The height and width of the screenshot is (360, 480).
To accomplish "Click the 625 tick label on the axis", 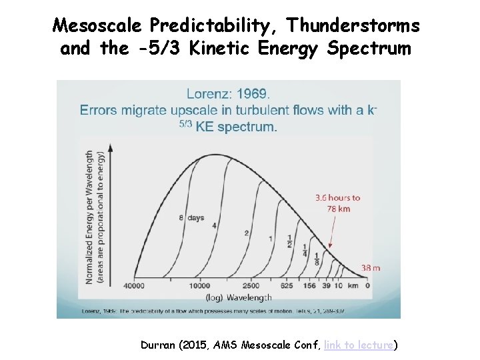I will tap(286, 285).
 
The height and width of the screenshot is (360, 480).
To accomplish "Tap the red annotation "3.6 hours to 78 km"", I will tap(337, 203).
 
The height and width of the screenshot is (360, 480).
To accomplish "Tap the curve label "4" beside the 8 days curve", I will tap(214, 226).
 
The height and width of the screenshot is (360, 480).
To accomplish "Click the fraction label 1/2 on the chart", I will tap(289, 240).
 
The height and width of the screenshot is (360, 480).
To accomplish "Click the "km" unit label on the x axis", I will tap(352, 285).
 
